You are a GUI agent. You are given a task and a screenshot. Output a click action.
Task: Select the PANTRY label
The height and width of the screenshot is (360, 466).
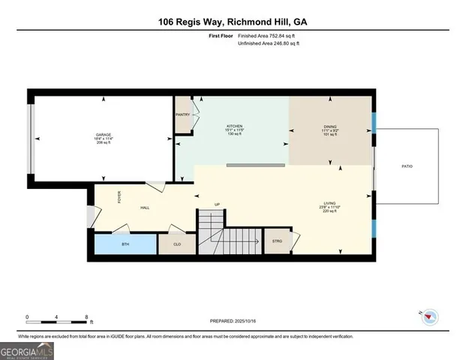tap(182, 115)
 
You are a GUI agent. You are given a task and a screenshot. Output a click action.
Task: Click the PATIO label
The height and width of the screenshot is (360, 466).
tap(407, 166)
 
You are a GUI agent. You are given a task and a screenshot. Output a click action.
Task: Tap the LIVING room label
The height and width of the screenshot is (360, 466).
tap(329, 203)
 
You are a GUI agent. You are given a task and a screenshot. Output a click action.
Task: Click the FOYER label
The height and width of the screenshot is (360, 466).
tap(119, 197)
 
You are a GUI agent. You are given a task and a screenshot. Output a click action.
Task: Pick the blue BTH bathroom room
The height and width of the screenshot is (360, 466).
tap(125, 244)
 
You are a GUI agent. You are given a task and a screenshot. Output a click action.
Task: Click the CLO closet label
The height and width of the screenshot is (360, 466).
tap(177, 244)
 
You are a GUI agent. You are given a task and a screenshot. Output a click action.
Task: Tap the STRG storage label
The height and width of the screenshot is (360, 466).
tap(277, 241)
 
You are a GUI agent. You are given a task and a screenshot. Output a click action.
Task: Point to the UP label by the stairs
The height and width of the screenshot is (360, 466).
tap(218, 205)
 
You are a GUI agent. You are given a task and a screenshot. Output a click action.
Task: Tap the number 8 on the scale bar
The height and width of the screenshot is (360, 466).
tap(89, 317)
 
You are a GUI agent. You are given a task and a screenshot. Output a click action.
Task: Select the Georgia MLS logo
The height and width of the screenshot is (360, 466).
tap(26, 350)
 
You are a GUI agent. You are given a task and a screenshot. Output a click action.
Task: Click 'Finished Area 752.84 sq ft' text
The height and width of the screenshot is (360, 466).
tap(269, 36)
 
